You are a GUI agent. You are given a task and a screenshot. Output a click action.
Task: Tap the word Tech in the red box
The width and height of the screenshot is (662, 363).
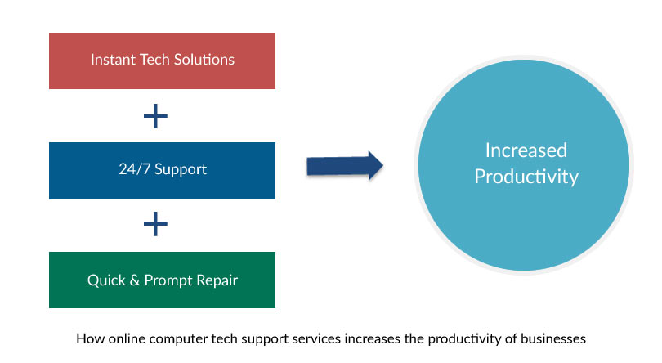[154, 60]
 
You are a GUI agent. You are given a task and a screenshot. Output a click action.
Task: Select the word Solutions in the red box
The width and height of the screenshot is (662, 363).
[204, 60]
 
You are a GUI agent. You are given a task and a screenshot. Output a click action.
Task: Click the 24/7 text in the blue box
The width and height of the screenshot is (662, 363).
[134, 169]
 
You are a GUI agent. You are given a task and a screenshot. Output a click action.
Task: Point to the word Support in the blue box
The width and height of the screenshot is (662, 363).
[181, 170]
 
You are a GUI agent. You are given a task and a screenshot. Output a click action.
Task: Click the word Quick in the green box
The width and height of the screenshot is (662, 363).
[106, 280]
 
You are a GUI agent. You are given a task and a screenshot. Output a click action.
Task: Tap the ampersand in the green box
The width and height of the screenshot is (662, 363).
[135, 280]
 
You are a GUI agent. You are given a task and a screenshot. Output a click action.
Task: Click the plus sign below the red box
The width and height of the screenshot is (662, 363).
[155, 116]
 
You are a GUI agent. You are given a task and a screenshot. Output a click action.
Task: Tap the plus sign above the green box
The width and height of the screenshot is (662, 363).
[155, 223]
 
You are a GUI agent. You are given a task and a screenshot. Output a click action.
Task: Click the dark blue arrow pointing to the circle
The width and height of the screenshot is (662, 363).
[345, 165]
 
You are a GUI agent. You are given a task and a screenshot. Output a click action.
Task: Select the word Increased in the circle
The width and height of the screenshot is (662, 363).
[526, 150]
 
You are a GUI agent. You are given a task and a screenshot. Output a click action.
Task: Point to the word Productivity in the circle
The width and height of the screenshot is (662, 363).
[526, 177]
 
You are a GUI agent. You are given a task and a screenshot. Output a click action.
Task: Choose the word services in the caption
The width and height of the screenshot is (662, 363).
[316, 338]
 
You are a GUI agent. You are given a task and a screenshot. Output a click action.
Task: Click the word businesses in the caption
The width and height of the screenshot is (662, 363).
[553, 338]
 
